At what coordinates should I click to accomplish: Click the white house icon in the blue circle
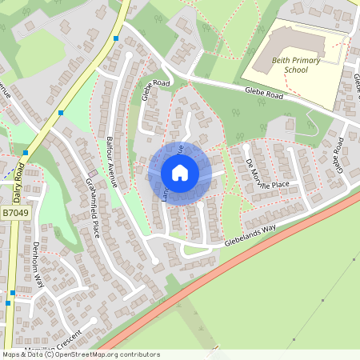coord(180,173)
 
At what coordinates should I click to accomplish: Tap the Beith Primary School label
coord(296,65)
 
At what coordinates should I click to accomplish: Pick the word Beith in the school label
coord(278,60)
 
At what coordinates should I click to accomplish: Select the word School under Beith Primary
coord(296,70)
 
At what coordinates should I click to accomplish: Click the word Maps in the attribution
coord(11,354)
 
